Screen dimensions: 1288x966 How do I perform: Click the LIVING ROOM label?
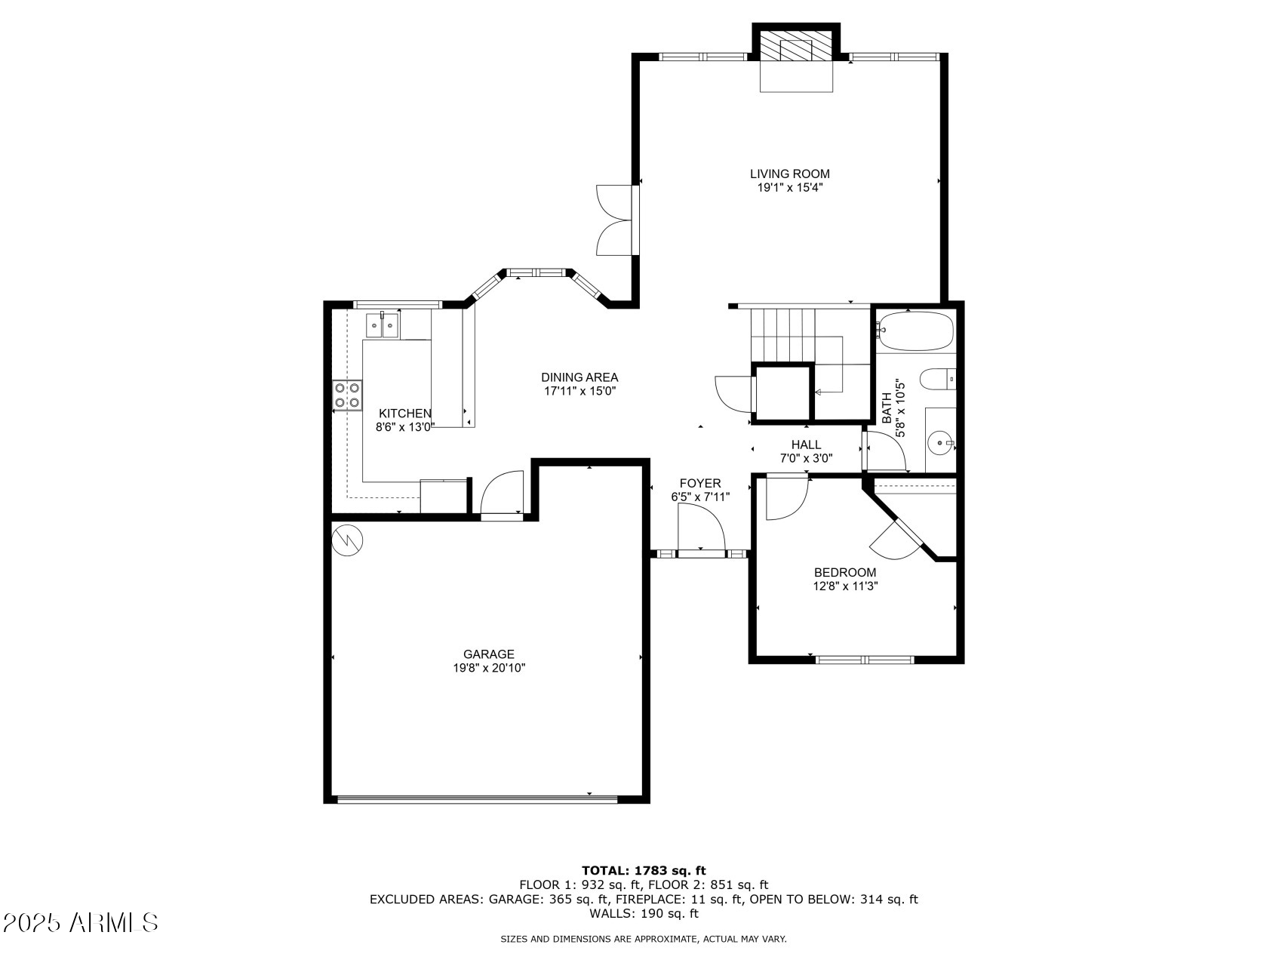pyautogui.click(x=789, y=174)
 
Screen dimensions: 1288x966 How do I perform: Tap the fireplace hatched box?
pyautogui.click(x=796, y=47)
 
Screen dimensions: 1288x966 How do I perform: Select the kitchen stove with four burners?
pyautogui.click(x=347, y=395)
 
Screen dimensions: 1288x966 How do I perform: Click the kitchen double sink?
pyautogui.click(x=383, y=325)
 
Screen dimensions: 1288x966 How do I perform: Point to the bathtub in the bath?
pyautogui.click(x=915, y=331)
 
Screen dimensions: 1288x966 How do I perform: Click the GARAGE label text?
pyautogui.click(x=489, y=654)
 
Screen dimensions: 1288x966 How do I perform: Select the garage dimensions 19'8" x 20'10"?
pyautogui.click(x=489, y=668)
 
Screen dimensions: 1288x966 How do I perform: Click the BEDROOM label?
pyautogui.click(x=845, y=573)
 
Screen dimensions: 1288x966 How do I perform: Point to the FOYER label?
pyautogui.click(x=700, y=484)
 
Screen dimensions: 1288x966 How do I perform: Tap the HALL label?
pyautogui.click(x=806, y=445)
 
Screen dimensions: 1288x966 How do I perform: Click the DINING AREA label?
pyautogui.click(x=579, y=377)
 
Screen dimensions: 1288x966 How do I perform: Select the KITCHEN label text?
pyautogui.click(x=405, y=414)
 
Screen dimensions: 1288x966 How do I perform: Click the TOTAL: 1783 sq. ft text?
pyautogui.click(x=644, y=871)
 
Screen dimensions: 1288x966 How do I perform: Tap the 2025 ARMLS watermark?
pyautogui.click(x=80, y=922)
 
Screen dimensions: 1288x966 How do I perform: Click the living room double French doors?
pyautogui.click(x=615, y=219)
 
